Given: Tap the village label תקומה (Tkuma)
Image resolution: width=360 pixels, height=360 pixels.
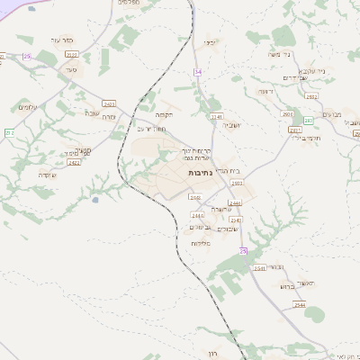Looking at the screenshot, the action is pyautogui.click(x=163, y=114).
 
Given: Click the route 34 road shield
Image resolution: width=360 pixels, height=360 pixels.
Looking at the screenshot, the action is pyautogui.click(x=197, y=70).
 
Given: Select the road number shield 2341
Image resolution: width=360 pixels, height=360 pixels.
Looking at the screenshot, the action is pyautogui.click(x=215, y=117).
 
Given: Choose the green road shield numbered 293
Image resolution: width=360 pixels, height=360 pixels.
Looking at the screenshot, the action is pyautogui.click(x=309, y=121).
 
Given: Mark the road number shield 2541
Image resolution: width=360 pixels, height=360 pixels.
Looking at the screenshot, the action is pyautogui.click(x=259, y=268).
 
